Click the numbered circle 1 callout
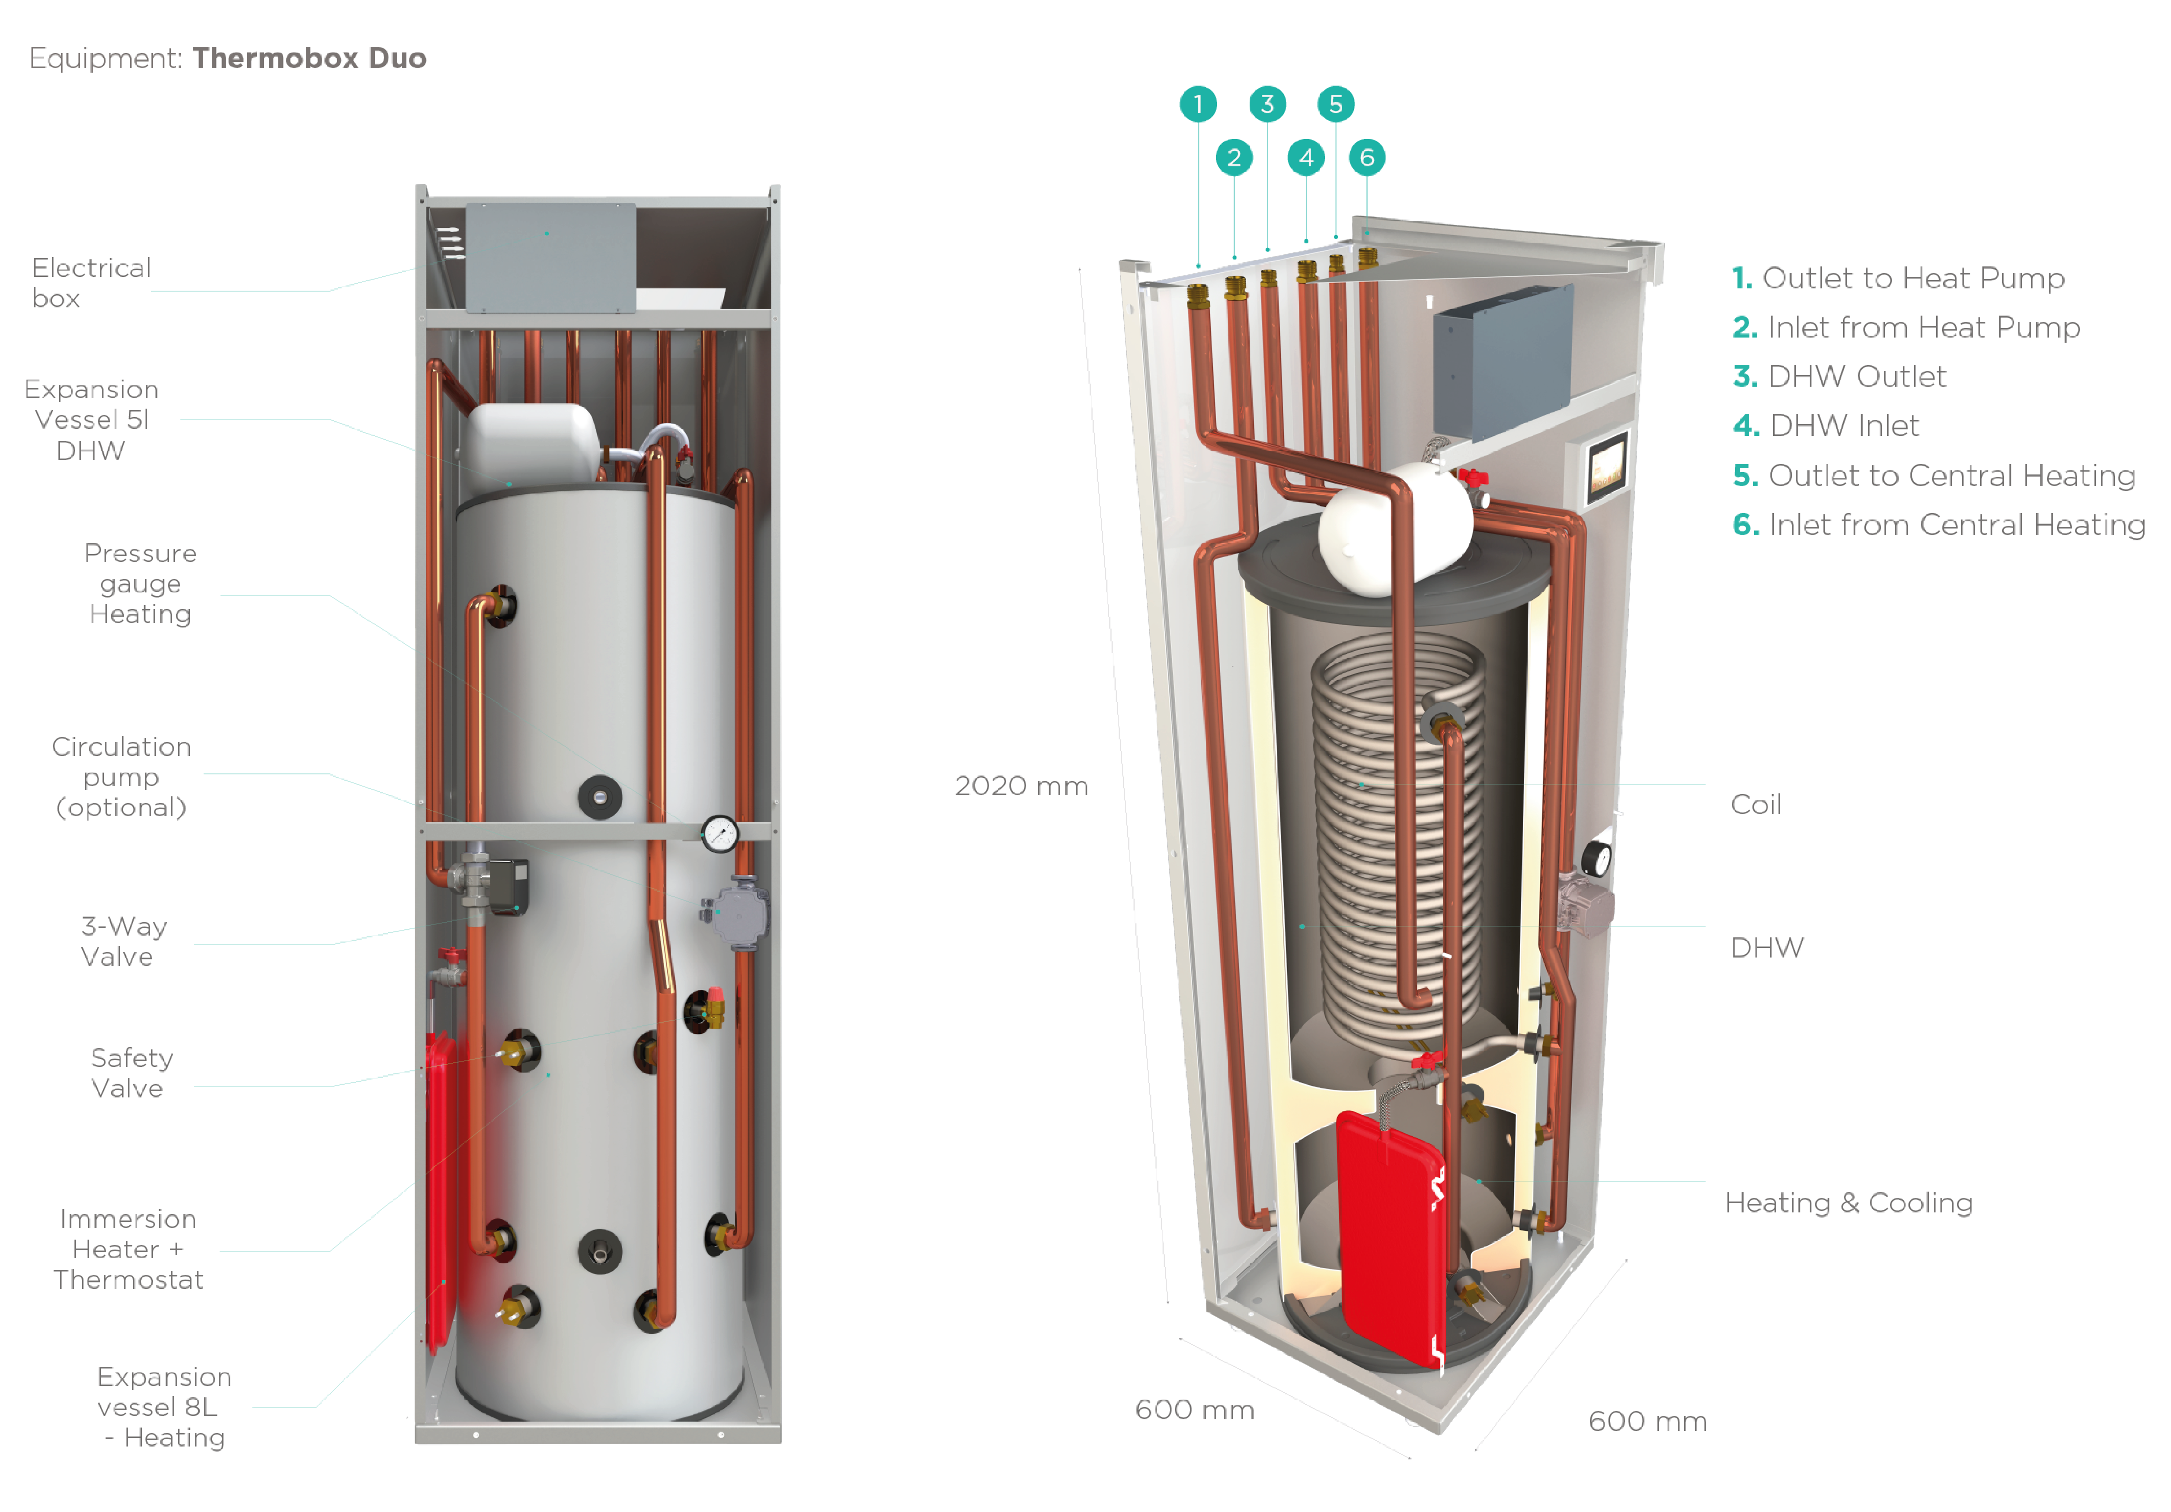(x=1198, y=104)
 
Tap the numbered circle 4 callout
(x=1306, y=157)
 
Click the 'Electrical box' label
(x=91, y=283)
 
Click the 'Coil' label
(x=1756, y=805)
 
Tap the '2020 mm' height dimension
(x=1021, y=786)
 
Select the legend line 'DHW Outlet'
(x=1839, y=376)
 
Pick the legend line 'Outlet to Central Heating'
(x=1934, y=476)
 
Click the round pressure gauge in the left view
(x=720, y=834)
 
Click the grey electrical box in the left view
(x=550, y=257)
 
